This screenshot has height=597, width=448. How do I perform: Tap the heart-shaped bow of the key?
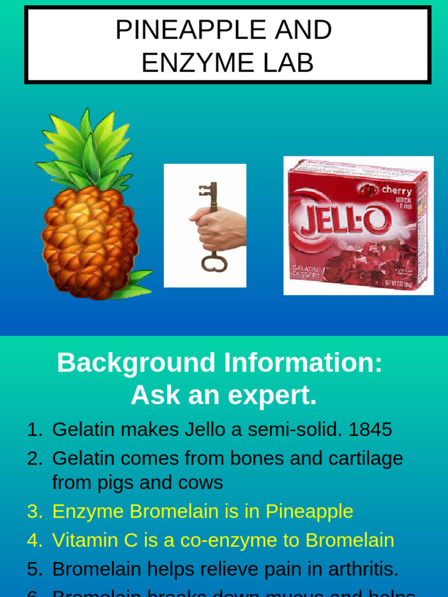coord(213,262)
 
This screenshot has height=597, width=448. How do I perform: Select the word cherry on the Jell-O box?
coord(396,191)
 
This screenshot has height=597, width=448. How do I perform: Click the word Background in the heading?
coord(136,363)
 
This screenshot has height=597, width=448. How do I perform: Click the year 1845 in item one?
coord(370,430)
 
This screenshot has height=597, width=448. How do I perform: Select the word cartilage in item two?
coord(366,458)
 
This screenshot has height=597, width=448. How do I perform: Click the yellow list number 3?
coord(35,511)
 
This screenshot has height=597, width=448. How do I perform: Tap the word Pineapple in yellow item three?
coord(309,511)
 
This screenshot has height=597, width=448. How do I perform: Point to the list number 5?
coord(35,569)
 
